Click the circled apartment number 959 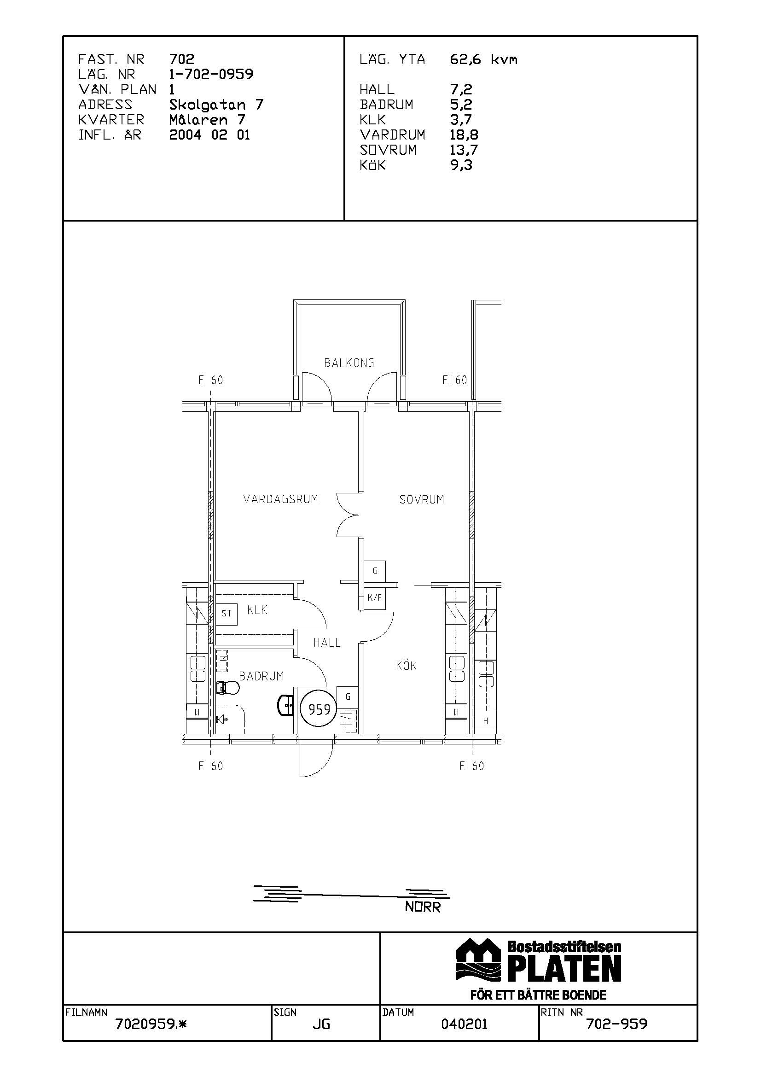(x=319, y=710)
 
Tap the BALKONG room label (x=349, y=363)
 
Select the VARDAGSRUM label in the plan (x=280, y=499)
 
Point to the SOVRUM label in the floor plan (x=422, y=499)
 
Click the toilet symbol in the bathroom (x=228, y=688)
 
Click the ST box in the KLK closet (x=227, y=613)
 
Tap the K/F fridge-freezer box (x=375, y=597)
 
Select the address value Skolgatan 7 (x=216, y=104)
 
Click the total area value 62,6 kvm (x=483, y=59)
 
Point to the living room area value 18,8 (x=464, y=135)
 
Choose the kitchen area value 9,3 (x=461, y=165)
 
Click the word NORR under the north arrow (x=423, y=907)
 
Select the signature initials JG (x=321, y=1024)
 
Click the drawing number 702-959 (x=616, y=1024)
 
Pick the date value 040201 (x=464, y=1024)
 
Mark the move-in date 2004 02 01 (x=209, y=135)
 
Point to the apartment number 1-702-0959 (x=211, y=74)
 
